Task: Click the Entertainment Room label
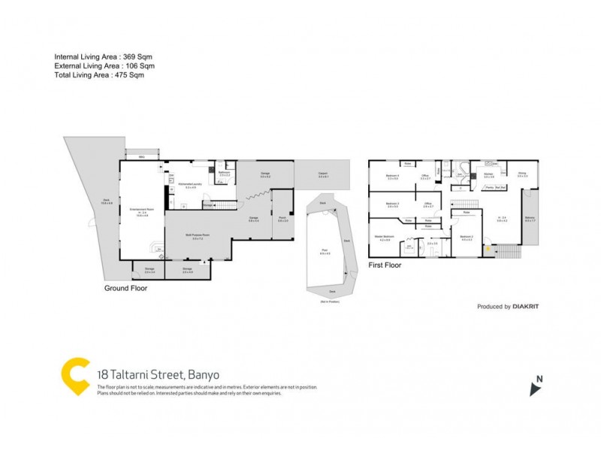coord(141,209)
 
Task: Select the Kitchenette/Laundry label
coord(190,183)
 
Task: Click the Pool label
coord(325,253)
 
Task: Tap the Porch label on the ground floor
coord(282,219)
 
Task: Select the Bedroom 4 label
coord(392,176)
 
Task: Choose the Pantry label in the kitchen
coord(489,187)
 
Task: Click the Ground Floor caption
coord(125,288)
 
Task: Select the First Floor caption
coord(385,265)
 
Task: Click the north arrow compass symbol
coord(535,387)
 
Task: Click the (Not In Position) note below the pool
coord(331,301)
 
